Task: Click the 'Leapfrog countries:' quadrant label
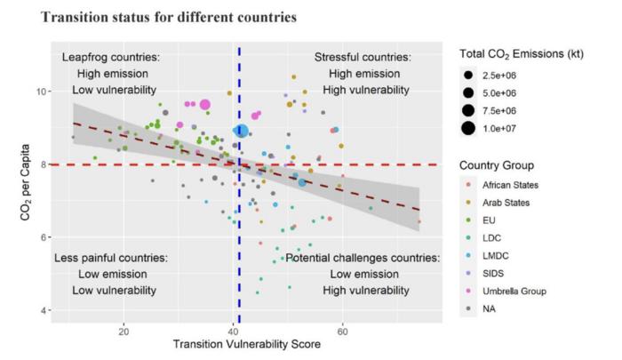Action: pos(111,57)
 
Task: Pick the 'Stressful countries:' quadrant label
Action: pos(363,57)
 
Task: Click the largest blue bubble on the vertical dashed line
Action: pos(241,132)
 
